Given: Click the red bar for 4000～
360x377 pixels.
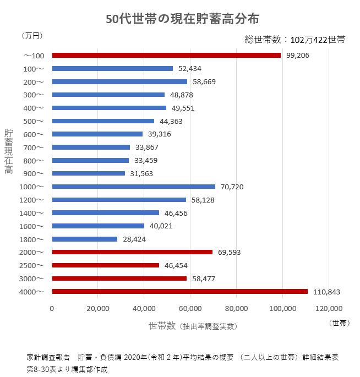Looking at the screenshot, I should [x=179, y=292].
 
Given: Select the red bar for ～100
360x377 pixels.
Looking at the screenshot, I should [x=166, y=56].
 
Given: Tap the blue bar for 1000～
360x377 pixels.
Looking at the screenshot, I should [x=134, y=187].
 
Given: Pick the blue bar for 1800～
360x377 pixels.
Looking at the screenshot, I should [x=85, y=239].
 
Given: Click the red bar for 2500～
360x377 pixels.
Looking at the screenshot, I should [x=106, y=265].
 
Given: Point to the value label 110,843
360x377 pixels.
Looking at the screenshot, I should [x=327, y=292].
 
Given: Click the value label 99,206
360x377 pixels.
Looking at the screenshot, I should [x=298, y=56].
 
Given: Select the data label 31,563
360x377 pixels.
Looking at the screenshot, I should [x=142, y=173].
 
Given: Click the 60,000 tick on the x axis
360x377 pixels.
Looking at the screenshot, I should [x=190, y=308].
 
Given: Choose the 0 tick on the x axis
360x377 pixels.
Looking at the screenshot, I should [x=52, y=308].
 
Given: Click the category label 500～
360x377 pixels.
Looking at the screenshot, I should [x=33, y=121].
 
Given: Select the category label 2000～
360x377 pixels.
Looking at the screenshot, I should [x=31, y=252].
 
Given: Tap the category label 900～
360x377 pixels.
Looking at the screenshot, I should [x=33, y=173].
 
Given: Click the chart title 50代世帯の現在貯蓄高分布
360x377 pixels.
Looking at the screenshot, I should [x=182, y=18].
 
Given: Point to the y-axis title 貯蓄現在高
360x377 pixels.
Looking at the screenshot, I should [x=9, y=151].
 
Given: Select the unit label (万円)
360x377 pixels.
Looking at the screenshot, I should [x=32, y=36].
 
